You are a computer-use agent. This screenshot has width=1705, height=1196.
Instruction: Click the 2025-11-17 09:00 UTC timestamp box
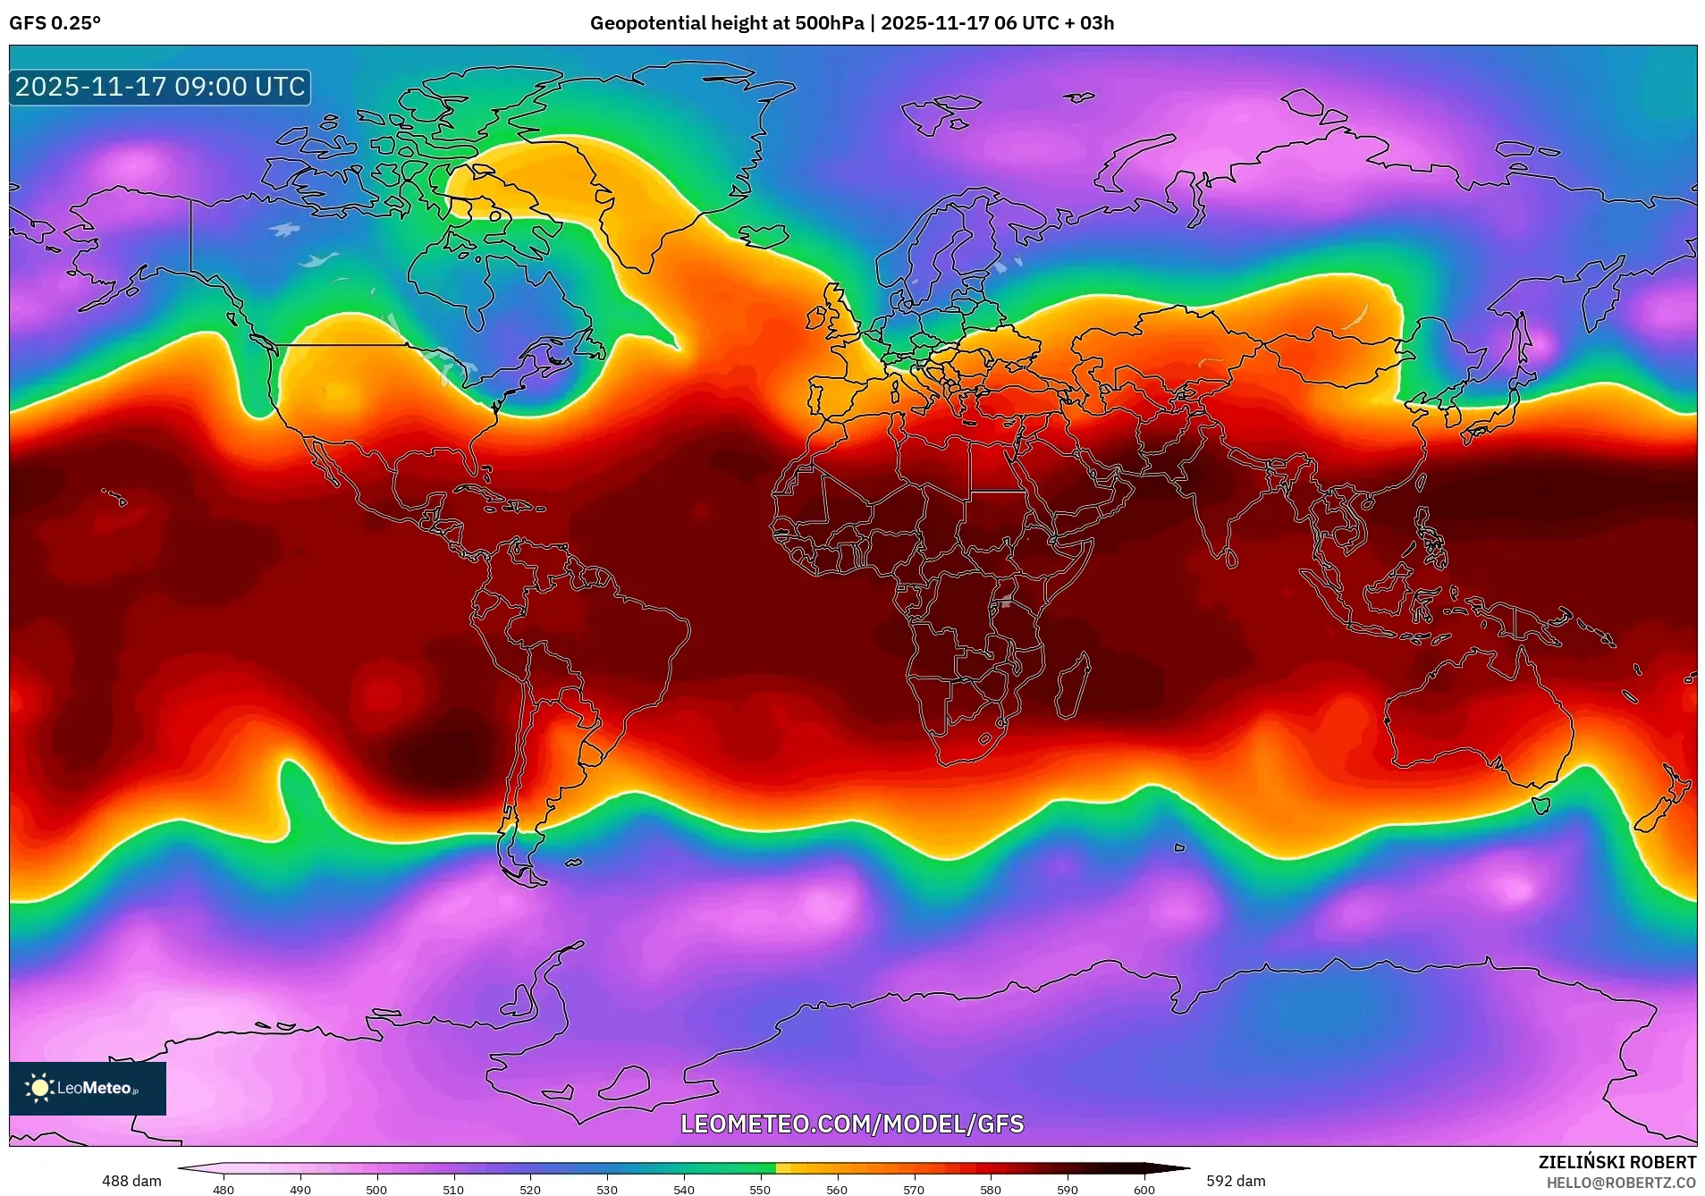point(160,87)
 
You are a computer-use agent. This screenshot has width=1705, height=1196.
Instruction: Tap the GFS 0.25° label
point(55,23)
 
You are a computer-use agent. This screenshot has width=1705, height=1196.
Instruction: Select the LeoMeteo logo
point(88,1088)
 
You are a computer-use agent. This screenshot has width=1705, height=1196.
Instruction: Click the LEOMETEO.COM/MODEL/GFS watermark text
point(852,1124)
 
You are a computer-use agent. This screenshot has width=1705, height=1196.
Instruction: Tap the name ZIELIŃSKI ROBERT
point(1616,1162)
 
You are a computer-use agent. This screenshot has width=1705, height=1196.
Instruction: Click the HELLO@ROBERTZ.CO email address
point(1621,1183)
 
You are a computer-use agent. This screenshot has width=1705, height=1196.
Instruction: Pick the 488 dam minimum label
point(131,1181)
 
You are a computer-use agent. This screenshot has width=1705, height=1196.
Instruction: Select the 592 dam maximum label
point(1236,1181)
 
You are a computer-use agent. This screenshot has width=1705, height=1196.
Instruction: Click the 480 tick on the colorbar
point(224,1190)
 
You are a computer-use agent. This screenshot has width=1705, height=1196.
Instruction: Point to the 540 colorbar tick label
point(684,1190)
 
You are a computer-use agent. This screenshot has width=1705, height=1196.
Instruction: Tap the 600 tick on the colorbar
point(1144,1190)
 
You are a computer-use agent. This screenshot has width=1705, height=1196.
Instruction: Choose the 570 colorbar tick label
point(914,1190)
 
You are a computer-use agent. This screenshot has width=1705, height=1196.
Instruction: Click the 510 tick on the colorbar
point(453,1190)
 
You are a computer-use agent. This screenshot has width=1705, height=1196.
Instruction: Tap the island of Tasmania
point(1540,805)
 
